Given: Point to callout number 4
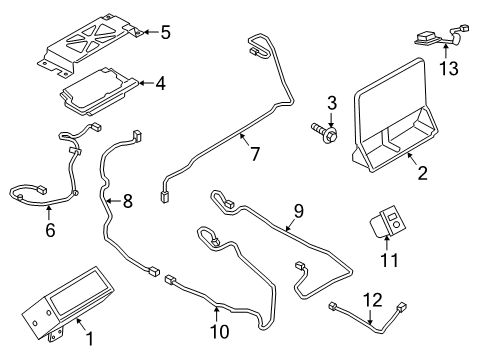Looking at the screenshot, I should [x=159, y=84].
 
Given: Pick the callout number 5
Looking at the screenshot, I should [x=165, y=32].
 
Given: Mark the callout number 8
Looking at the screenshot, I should [x=127, y=201].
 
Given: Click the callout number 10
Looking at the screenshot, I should [x=219, y=331].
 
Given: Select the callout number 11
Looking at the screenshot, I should [x=388, y=261].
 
